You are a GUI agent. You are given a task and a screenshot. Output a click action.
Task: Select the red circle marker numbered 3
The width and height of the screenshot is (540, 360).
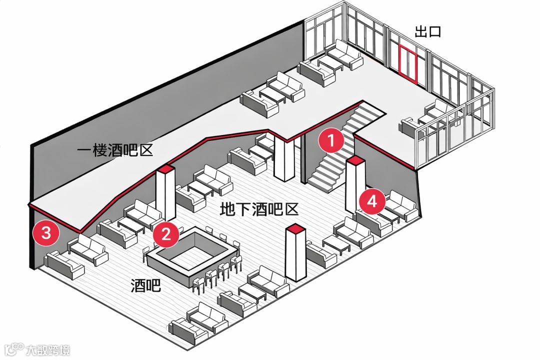(x=45, y=233)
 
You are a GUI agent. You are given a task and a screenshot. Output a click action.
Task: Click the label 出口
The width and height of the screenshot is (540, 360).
(x=428, y=32)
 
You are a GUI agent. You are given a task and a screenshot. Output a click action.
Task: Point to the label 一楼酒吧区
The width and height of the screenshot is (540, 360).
(x=115, y=150)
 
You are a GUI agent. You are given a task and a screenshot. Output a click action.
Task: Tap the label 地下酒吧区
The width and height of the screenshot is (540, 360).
(x=259, y=209)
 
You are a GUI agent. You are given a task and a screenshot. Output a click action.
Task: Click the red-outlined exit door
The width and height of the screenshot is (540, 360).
(x=407, y=62)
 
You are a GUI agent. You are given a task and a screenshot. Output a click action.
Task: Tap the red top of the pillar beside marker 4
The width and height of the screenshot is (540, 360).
(x=355, y=160)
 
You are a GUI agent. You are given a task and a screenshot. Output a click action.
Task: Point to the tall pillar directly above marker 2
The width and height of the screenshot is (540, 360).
(x=166, y=192)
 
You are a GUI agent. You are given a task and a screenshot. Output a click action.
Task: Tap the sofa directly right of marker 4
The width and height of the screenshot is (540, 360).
(x=401, y=205)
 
